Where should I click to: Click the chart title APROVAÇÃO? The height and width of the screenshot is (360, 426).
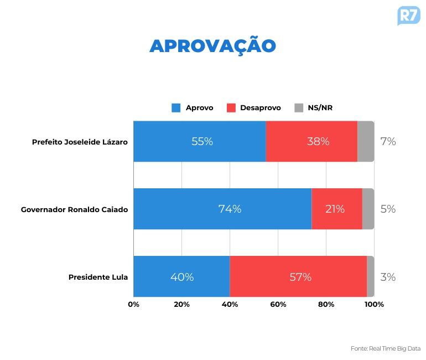click(212, 46)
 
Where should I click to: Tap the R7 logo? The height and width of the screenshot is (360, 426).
click(408, 15)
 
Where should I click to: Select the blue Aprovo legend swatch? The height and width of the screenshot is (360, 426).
click(176, 108)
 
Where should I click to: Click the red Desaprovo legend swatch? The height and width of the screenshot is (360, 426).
click(231, 108)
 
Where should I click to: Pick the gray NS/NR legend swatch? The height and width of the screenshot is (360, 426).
click(299, 108)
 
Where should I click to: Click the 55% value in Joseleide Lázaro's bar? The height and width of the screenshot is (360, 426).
click(202, 141)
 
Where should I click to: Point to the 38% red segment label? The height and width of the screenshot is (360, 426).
click(318, 141)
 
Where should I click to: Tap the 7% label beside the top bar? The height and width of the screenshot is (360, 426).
click(388, 141)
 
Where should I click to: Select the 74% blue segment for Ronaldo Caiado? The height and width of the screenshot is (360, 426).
click(230, 209)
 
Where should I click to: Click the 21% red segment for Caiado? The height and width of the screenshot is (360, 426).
click(335, 209)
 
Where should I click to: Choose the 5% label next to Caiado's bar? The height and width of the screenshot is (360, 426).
click(388, 209)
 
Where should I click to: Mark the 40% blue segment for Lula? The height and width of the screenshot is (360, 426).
click(182, 277)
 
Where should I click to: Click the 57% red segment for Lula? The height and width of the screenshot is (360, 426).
click(300, 277)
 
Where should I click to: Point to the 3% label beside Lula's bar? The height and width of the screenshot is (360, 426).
click(388, 277)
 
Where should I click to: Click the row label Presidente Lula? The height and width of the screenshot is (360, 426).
click(98, 277)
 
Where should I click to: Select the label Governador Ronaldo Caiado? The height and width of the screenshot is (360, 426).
click(74, 209)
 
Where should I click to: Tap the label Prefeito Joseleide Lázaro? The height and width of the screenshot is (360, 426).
click(80, 142)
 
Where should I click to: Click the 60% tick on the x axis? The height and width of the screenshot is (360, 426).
click(278, 304)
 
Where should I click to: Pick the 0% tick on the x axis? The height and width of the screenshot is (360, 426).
click(133, 304)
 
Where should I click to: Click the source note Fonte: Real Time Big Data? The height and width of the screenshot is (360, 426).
click(386, 348)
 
